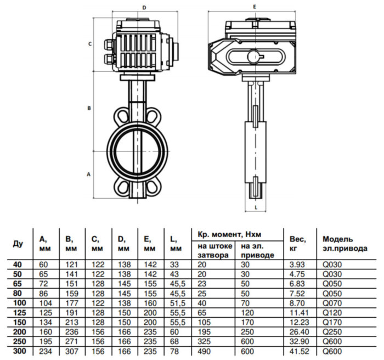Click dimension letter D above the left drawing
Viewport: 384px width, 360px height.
coord(144,8)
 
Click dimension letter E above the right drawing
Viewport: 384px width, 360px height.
coord(255,7)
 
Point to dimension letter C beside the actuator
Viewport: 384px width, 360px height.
coord(89,44)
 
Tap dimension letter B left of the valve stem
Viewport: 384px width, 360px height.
coord(89,109)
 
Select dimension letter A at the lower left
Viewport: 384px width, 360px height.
coord(89,174)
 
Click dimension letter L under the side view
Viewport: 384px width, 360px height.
coord(256,207)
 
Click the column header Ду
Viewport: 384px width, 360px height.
coord(18,243)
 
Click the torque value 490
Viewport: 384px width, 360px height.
coord(204,351)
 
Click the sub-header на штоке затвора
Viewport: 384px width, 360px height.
coord(212,251)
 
